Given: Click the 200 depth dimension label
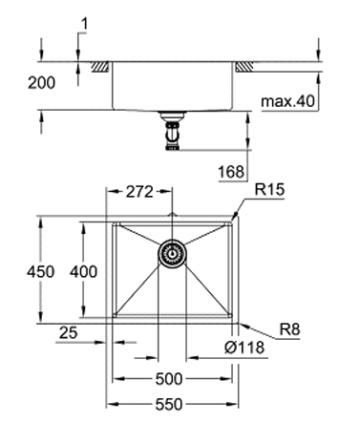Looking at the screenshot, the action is click(x=41, y=83).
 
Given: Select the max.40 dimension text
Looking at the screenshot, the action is click(x=287, y=101).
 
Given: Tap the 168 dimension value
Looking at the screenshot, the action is click(x=231, y=172).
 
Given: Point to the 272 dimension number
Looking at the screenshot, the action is click(x=139, y=192).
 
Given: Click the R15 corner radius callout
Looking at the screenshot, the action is click(x=269, y=190).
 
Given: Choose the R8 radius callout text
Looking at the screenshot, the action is click(x=289, y=329).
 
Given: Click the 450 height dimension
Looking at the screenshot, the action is click(x=40, y=272).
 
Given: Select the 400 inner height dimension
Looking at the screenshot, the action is click(x=83, y=272).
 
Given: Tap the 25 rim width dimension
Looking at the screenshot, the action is click(x=68, y=333).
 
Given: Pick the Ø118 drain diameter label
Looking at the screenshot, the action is click(x=244, y=348).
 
